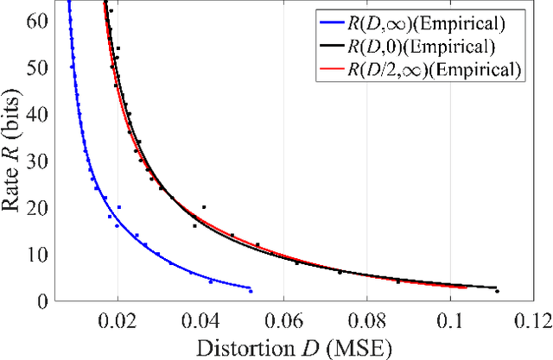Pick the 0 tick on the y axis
41,300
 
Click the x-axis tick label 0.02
118,319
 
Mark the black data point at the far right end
497,291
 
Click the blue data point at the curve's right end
251,291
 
